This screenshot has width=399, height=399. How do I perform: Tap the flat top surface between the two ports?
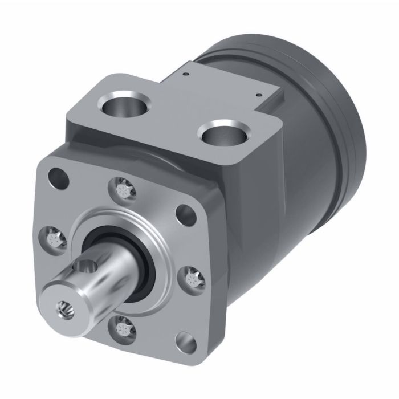[171, 114]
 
